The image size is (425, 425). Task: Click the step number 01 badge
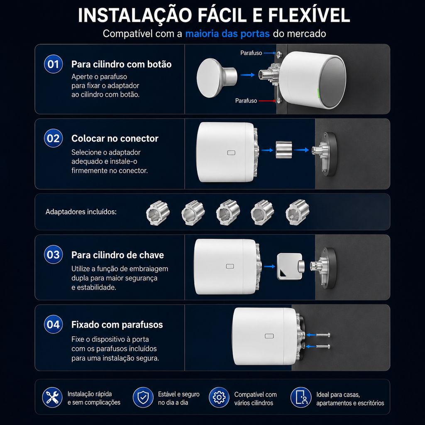pyautogui.click(x=54, y=64)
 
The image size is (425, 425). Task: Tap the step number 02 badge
pyautogui.click(x=54, y=138)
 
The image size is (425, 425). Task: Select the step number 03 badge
pyautogui.click(x=54, y=254)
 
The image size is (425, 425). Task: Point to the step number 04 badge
pyautogui.click(x=54, y=324)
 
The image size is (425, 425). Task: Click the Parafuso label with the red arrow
pyautogui.click(x=246, y=101)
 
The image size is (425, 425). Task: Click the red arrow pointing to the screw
pyautogui.click(x=267, y=101)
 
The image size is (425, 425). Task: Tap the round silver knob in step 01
pyautogui.click(x=217, y=78)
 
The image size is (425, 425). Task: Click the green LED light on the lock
pyautogui.click(x=318, y=94)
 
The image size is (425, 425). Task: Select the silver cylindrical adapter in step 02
pyautogui.click(x=284, y=149)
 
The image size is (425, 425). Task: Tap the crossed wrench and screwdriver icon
pyautogui.click(x=52, y=397)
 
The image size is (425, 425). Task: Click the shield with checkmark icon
pyautogui.click(x=143, y=397)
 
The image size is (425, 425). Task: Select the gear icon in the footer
pyautogui.click(x=219, y=397)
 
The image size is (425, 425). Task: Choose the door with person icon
pyautogui.click(x=301, y=397)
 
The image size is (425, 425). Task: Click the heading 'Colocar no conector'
pyautogui.click(x=115, y=139)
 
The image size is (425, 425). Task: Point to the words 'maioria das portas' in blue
pyautogui.click(x=227, y=34)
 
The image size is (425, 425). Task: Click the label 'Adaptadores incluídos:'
pyautogui.click(x=81, y=212)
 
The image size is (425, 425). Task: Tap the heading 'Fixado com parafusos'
pyautogui.click(x=117, y=325)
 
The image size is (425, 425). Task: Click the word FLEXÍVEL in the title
pyautogui.click(x=309, y=15)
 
